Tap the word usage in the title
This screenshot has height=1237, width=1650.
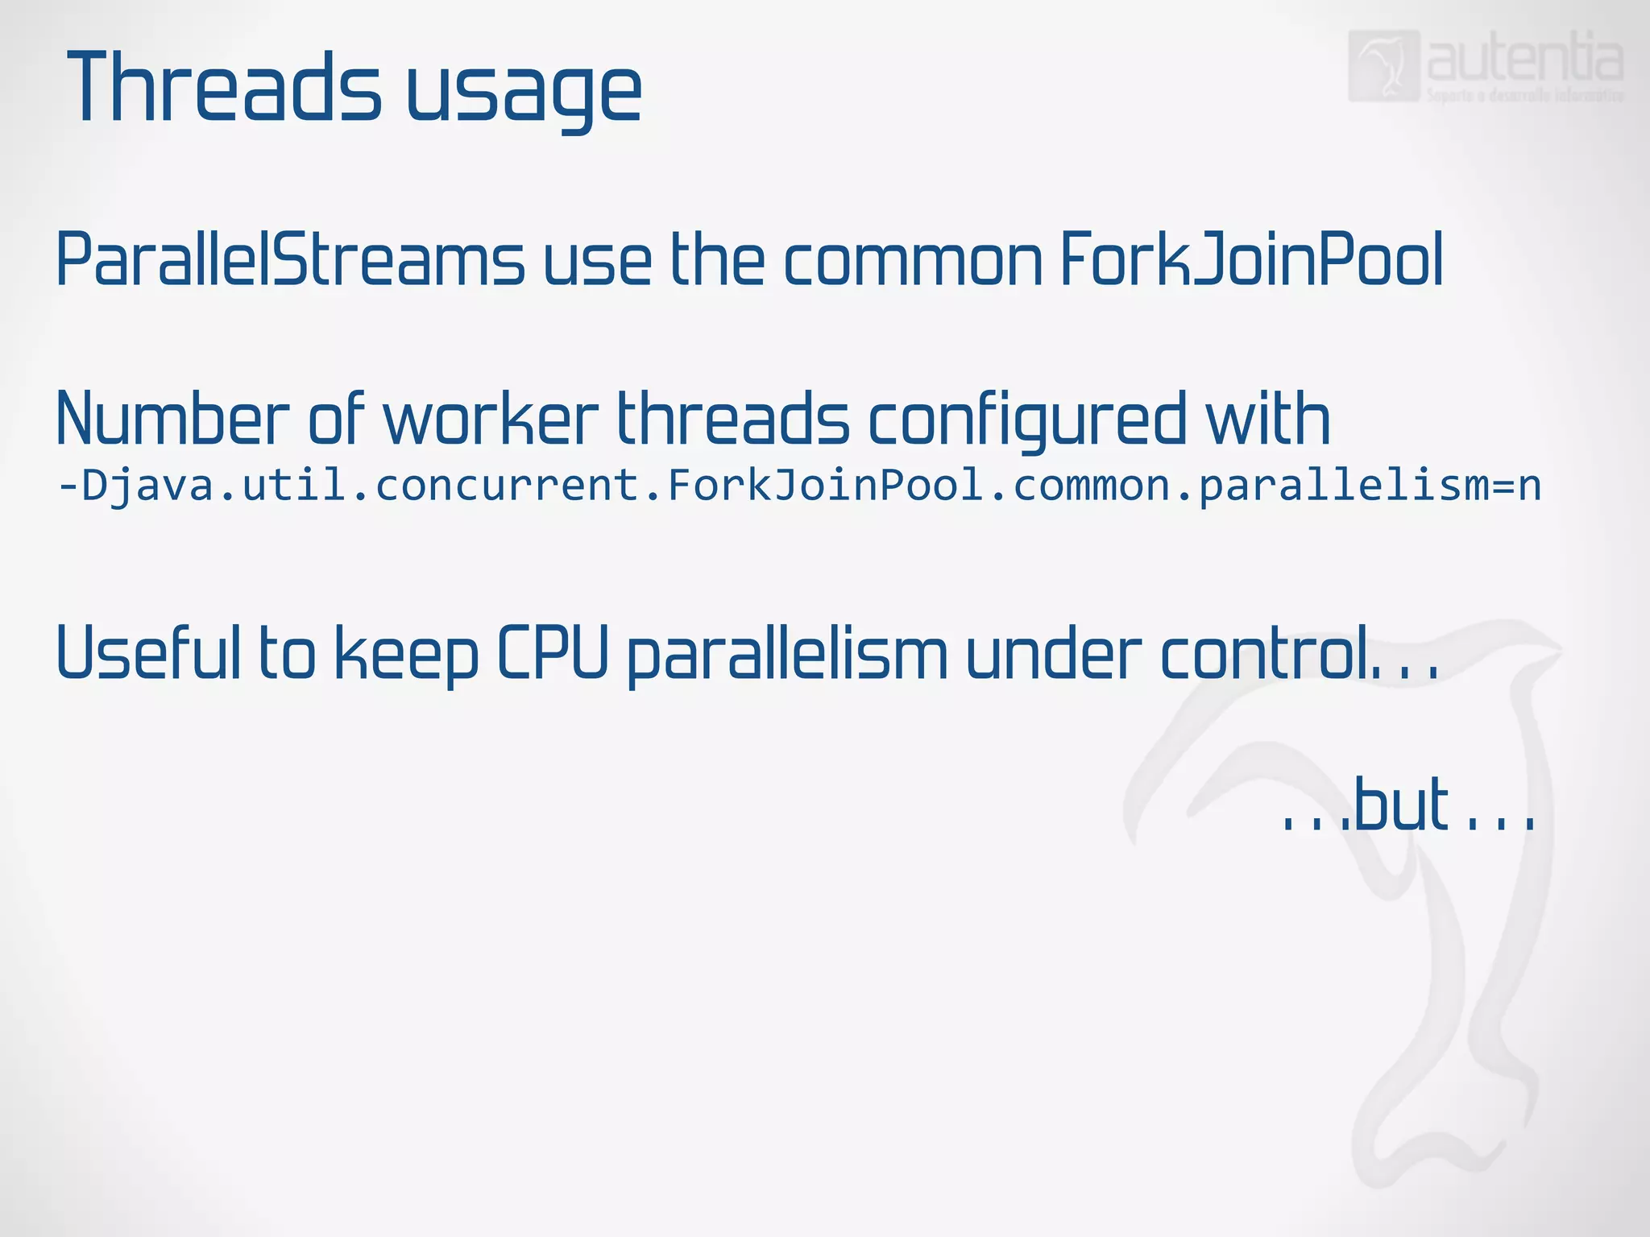[523, 93]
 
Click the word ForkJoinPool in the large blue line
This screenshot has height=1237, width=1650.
[1251, 259]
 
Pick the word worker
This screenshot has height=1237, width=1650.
[491, 419]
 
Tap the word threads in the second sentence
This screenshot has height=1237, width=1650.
[733, 419]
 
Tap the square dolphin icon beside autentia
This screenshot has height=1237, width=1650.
[1383, 66]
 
